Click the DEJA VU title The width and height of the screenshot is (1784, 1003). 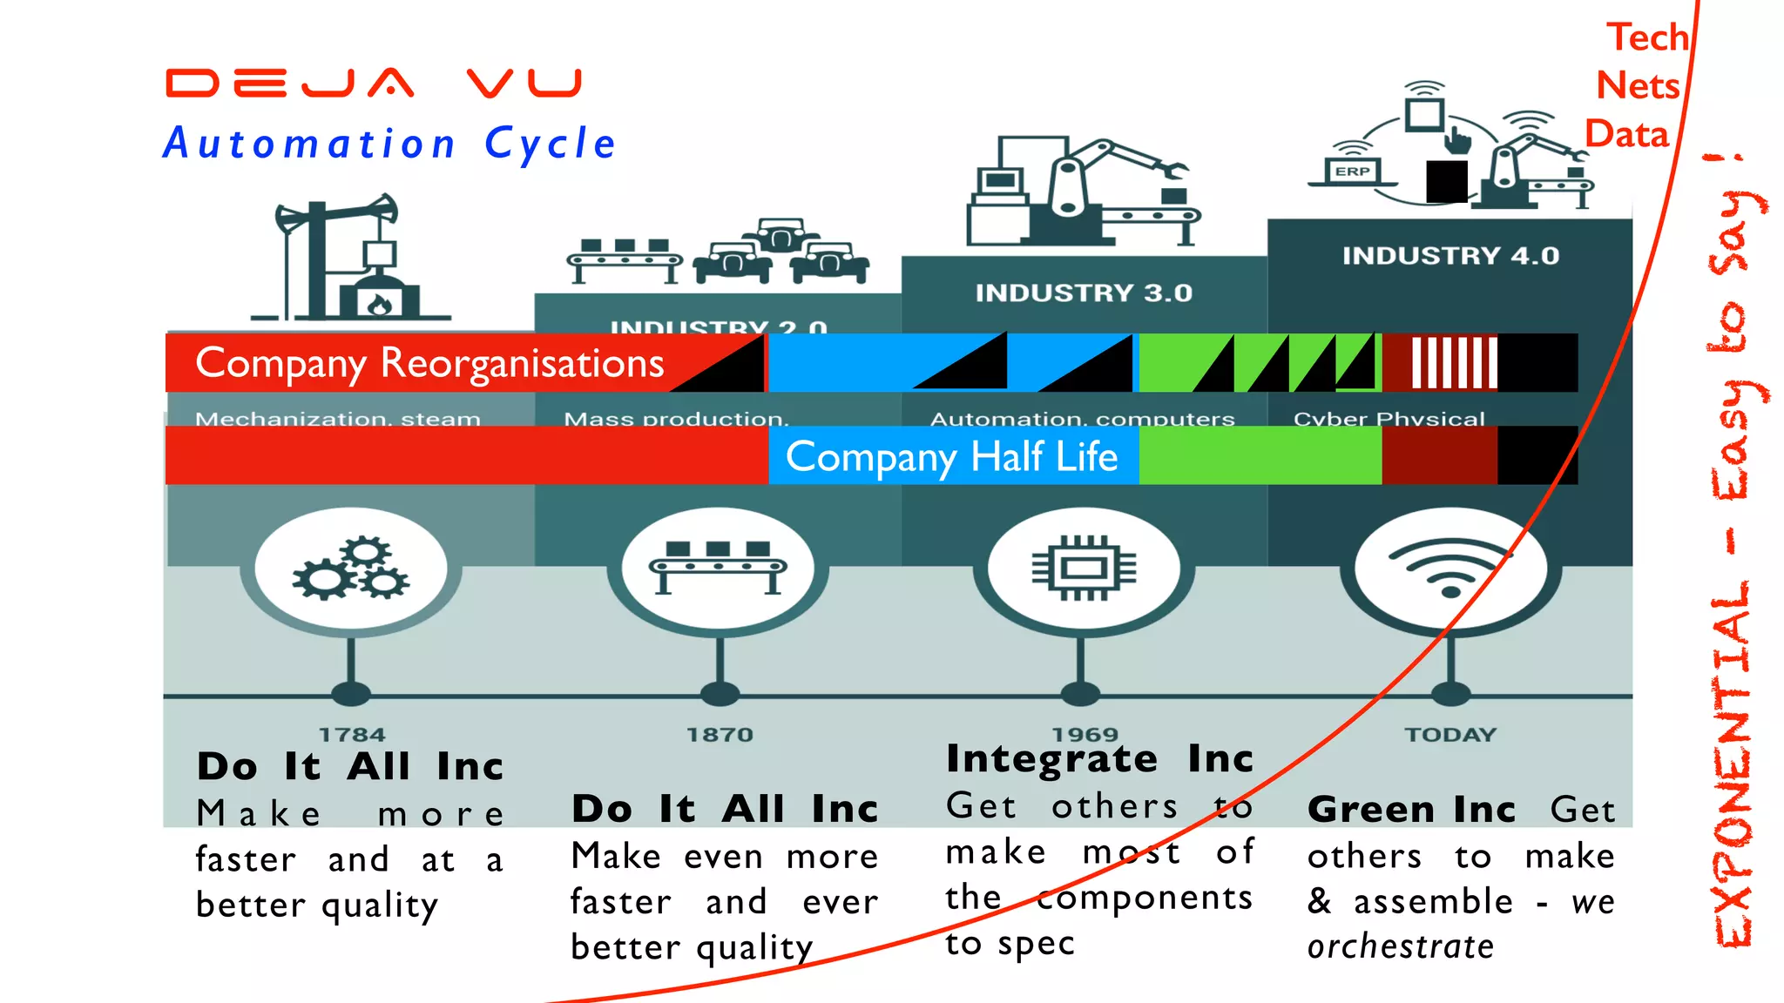click(375, 84)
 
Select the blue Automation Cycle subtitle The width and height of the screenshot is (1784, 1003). click(389, 144)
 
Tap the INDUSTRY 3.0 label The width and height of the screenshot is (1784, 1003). click(1084, 293)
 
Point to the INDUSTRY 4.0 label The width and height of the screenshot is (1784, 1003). click(1450, 256)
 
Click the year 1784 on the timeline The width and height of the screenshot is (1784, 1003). click(352, 735)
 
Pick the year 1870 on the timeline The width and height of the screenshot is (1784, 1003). click(720, 735)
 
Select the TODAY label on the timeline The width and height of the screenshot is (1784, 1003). click(1450, 735)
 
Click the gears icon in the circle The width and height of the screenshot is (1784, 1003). click(351, 569)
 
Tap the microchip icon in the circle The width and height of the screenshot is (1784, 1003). click(1084, 569)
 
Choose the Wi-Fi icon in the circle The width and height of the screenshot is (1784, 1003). click(1450, 569)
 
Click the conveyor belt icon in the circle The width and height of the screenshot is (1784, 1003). click(719, 569)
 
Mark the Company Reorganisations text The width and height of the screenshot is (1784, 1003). click(429, 363)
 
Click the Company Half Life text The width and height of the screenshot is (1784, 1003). click(951, 456)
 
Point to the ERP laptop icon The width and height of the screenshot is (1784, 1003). click(1352, 172)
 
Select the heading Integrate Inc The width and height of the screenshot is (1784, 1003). click(1099, 758)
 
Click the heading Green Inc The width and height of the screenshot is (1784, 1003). click(1411, 810)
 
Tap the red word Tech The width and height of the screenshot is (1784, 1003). click(1647, 37)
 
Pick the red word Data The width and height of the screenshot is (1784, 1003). click(1626, 134)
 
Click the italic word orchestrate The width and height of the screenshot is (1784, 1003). click(1401, 946)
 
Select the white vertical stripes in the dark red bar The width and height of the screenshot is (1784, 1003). click(1454, 363)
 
